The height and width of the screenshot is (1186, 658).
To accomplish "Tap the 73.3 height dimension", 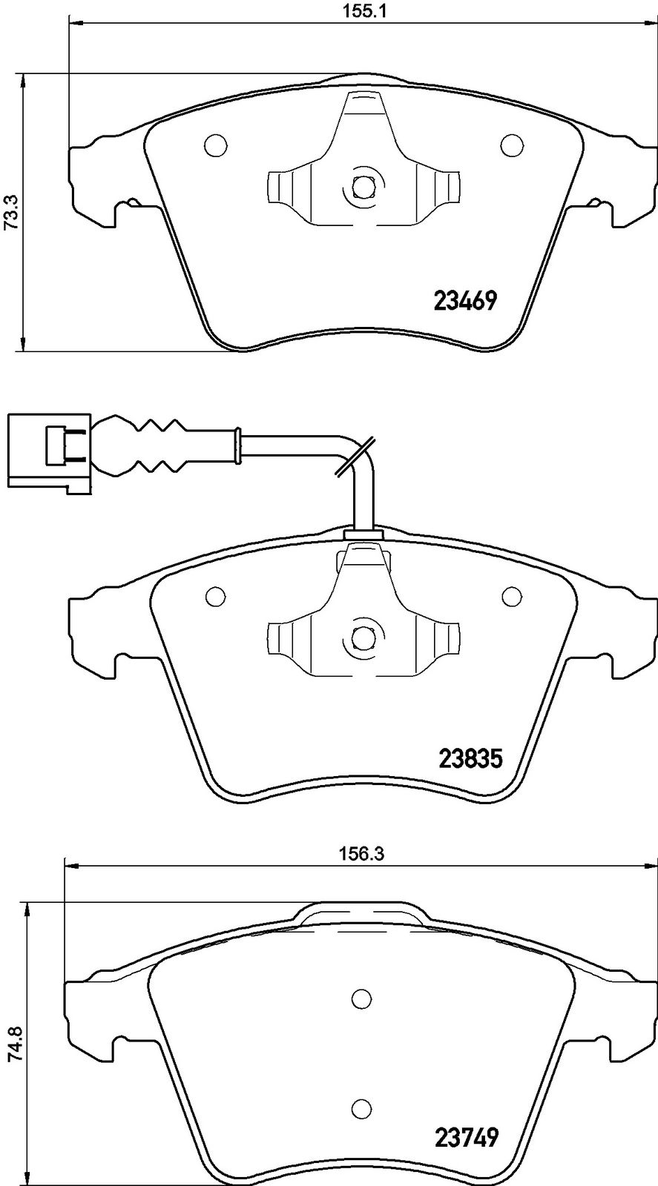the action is [11, 212].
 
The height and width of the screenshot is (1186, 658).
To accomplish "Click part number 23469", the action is [466, 301].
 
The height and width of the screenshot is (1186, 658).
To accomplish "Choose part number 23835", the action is [470, 759].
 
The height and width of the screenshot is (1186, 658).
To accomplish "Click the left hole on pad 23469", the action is [216, 145].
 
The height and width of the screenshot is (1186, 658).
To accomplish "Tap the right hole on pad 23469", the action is [512, 145].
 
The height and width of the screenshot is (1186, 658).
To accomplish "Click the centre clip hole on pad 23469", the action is [362, 186].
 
